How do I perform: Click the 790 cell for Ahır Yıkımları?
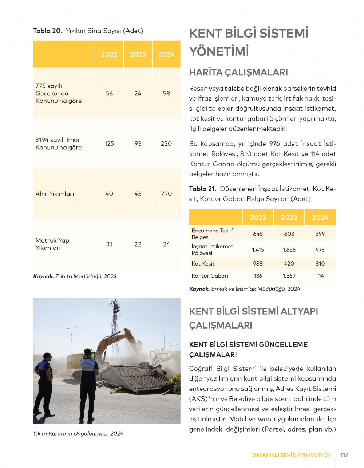coord(166,194)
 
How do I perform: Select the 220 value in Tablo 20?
coord(166,143)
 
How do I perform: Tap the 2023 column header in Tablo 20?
coord(138,55)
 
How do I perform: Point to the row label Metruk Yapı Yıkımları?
coord(53,244)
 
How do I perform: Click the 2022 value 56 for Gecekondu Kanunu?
coord(109,93)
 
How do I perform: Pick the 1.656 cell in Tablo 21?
coord(289,250)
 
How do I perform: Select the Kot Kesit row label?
coord(203,264)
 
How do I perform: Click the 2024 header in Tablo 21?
coord(320,218)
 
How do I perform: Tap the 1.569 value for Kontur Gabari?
coord(289,276)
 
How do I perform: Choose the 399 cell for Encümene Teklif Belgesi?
coord(320,234)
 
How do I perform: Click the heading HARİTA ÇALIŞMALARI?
coord(238,72)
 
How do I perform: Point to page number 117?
coord(344,455)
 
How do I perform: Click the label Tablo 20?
coord(48,31)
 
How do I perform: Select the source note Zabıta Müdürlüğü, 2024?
coord(75,276)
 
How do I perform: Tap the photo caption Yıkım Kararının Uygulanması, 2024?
coord(78,434)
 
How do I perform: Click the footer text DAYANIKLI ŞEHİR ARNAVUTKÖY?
coord(292,455)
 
